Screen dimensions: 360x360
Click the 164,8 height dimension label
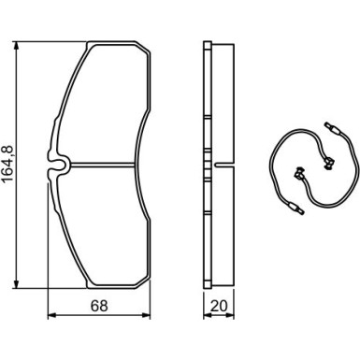[x=7, y=164]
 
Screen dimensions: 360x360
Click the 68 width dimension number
[x=99, y=306]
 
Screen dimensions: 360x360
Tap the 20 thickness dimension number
[x=219, y=306]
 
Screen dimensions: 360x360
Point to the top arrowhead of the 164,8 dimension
[x=16, y=46]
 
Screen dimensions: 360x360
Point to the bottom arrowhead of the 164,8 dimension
[x=16, y=284]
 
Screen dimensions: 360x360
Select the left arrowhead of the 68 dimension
[x=51, y=315]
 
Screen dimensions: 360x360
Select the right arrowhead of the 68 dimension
[x=146, y=315]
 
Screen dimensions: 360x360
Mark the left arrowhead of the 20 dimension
[x=208, y=315]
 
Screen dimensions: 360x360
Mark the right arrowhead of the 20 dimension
[x=230, y=315]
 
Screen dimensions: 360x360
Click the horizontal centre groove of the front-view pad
[x=103, y=165]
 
